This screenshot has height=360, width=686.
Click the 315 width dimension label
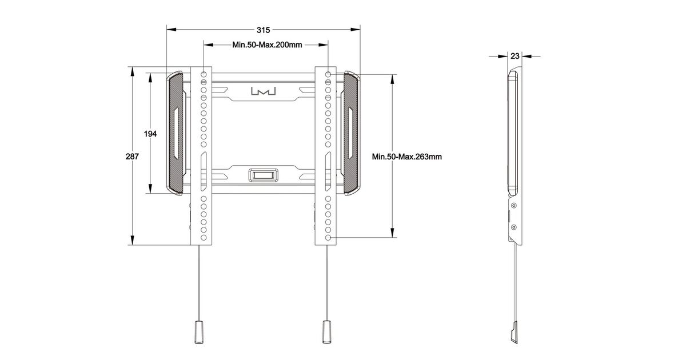pyautogui.click(x=264, y=30)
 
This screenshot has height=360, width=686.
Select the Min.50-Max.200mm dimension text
pyautogui.click(x=267, y=45)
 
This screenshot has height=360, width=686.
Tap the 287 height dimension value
pyautogui.click(x=132, y=157)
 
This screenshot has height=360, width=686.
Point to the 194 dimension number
pyautogui.click(x=150, y=134)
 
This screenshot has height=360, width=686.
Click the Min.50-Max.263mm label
pyautogui.click(x=406, y=157)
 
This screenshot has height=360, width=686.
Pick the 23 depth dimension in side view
pyautogui.click(x=515, y=56)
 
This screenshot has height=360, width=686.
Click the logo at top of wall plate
pyautogui.click(x=264, y=91)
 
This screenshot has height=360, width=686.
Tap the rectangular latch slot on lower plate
pyautogui.click(x=264, y=175)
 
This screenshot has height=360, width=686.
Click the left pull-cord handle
pyautogui.click(x=199, y=332)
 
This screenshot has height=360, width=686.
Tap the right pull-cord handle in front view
pyautogui.click(x=326, y=332)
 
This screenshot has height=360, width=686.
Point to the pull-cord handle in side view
pyautogui.click(x=514, y=333)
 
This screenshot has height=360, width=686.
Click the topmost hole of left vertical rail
pyautogui.click(x=204, y=74)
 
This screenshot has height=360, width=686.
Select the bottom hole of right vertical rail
pyautogui.click(x=328, y=238)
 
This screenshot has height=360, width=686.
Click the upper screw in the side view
pyautogui.click(x=514, y=205)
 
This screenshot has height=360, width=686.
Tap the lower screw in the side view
pyautogui.click(x=514, y=227)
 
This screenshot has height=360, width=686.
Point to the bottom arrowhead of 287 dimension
pyautogui.click(x=132, y=241)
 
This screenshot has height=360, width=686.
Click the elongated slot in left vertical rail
pyautogui.click(x=204, y=171)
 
